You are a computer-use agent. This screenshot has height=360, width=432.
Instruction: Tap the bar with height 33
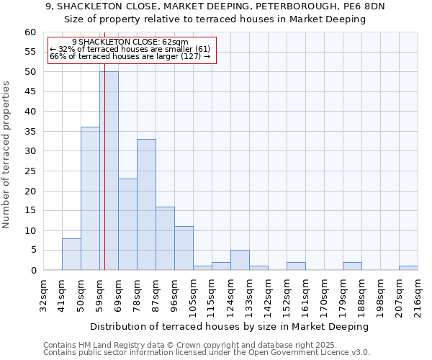(146, 204)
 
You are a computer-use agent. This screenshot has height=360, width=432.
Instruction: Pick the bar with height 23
(127, 225)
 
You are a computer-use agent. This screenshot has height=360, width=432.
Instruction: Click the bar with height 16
(165, 238)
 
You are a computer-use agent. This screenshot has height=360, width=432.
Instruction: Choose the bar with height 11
(184, 248)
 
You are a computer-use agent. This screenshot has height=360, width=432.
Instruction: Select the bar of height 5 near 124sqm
(240, 260)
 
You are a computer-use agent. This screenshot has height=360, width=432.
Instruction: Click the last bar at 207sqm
(408, 268)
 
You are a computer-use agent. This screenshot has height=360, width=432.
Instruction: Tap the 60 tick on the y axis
(30, 32)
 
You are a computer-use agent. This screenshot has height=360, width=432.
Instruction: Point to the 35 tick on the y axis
(30, 132)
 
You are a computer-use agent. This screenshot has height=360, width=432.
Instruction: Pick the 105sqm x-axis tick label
(194, 295)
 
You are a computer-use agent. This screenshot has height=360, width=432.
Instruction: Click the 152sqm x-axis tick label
(287, 295)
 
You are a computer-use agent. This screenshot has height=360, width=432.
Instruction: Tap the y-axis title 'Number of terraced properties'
(7, 155)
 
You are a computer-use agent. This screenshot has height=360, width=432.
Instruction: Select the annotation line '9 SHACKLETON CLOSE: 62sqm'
(130, 42)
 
